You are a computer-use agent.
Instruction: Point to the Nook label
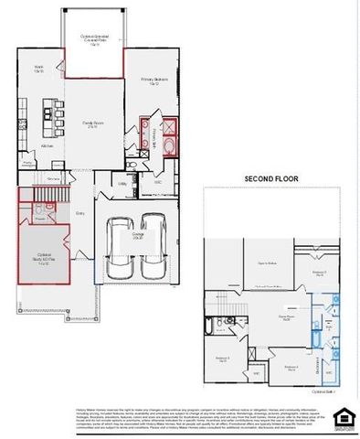40,70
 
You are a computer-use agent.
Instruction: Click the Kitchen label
48,145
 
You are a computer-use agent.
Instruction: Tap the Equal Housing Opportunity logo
343,414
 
